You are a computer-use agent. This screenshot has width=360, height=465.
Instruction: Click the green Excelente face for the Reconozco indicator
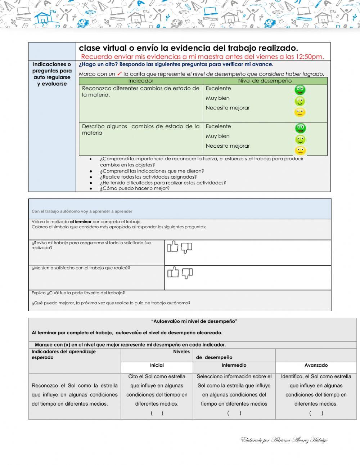(x=300, y=90)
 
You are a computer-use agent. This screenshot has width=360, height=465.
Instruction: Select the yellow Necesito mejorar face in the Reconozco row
(x=300, y=112)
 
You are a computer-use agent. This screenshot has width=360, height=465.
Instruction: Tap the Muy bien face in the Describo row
(x=300, y=139)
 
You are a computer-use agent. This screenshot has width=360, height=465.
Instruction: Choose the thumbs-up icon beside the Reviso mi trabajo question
(x=173, y=247)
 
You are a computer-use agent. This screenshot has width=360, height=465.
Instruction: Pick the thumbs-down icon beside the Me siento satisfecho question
(x=187, y=273)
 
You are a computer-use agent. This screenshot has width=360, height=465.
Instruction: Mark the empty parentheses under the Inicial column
(x=157, y=413)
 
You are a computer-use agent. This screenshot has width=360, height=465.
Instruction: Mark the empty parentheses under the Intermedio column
(x=234, y=413)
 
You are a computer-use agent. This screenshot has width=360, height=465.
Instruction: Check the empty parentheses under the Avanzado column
(x=316, y=413)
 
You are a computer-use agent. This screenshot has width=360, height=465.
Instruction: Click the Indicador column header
(x=141, y=81)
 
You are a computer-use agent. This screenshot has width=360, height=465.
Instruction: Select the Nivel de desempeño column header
(x=265, y=81)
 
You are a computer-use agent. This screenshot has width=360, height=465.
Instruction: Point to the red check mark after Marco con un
(x=120, y=73)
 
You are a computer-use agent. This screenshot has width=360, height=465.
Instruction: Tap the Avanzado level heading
(x=316, y=365)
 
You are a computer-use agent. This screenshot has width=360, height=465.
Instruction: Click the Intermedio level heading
(x=234, y=365)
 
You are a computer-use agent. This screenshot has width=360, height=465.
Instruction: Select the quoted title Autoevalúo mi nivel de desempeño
(x=194, y=321)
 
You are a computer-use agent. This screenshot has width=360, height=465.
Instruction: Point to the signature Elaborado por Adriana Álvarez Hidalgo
(x=284, y=440)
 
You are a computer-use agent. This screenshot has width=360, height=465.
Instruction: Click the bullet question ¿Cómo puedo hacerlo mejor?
(x=135, y=188)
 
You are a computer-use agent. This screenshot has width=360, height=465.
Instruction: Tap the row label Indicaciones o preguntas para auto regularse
(x=52, y=74)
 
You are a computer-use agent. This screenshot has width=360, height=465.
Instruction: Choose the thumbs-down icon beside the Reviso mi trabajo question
(x=186, y=247)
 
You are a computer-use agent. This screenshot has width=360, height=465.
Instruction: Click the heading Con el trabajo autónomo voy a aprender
(x=82, y=211)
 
